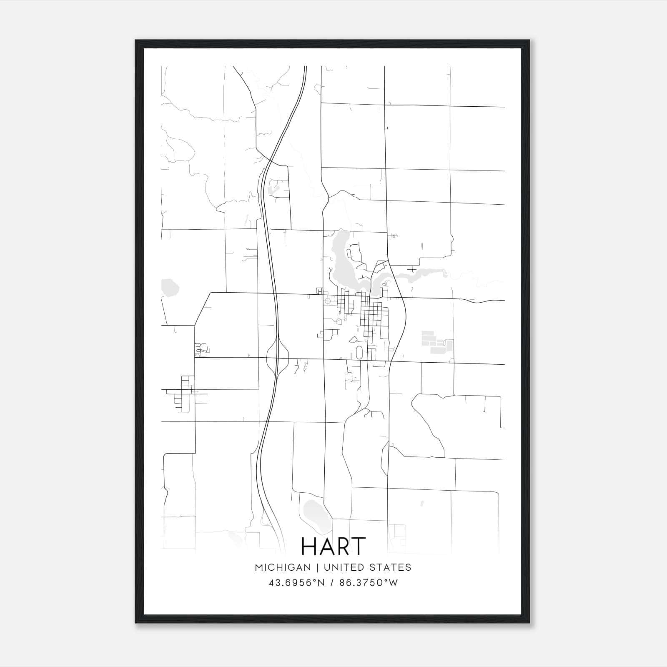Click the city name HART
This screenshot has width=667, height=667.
[x=333, y=547]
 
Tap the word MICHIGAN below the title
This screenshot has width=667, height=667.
[x=283, y=567]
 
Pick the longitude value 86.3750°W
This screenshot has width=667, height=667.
[x=369, y=583]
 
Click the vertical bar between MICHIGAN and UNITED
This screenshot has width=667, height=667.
[x=317, y=567]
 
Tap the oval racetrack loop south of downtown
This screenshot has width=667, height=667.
[x=359, y=352]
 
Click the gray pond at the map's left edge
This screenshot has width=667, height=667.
[x=170, y=288]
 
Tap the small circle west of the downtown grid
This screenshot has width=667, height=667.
[x=328, y=300]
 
